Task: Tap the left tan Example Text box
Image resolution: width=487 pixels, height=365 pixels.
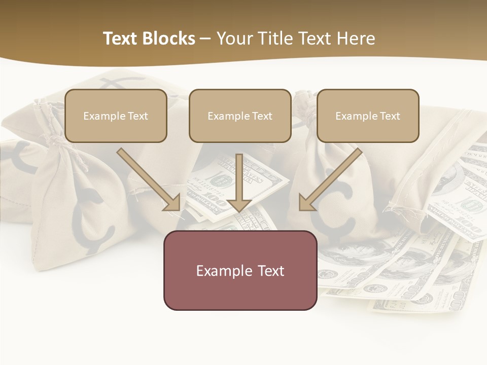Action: click(x=116, y=116)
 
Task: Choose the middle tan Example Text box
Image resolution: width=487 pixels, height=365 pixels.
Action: click(x=240, y=116)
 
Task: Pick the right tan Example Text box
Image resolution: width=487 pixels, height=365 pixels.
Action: click(x=368, y=116)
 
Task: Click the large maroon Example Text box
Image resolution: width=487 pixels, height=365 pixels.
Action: click(x=240, y=270)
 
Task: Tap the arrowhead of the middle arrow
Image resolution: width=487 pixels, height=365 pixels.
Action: click(x=239, y=204)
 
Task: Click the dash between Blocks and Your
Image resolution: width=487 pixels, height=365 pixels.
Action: click(x=205, y=39)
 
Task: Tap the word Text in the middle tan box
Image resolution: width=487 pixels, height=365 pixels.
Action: click(x=262, y=116)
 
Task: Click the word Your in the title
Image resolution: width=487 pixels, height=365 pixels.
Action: click(x=235, y=39)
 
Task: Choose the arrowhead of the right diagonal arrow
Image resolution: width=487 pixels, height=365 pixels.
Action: click(x=306, y=203)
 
